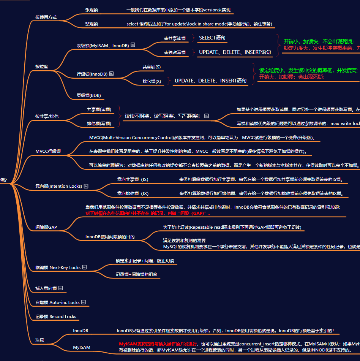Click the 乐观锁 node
pos(92,10)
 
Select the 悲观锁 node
pos(92,24)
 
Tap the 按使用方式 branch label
pos(46,17)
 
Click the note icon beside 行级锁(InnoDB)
pos(111,74)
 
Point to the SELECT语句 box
pos(212,38)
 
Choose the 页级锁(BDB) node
pos(88,95)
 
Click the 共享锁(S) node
pos(152,67)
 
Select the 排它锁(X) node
pos(152,81)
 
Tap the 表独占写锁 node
pos(175,52)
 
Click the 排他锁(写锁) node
pos(99,123)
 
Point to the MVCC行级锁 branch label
pos(48,151)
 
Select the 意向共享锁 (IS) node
pos(133,179)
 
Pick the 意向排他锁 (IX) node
pos(133,193)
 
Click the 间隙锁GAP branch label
pos(46,227)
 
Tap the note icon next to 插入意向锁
pos(61,288)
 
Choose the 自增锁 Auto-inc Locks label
pos(57,302)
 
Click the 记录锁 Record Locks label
pos(56,317)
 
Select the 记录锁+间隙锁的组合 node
pos(136,274)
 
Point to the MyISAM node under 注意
pos(82,347)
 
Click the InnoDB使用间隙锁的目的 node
pos(110,237)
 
